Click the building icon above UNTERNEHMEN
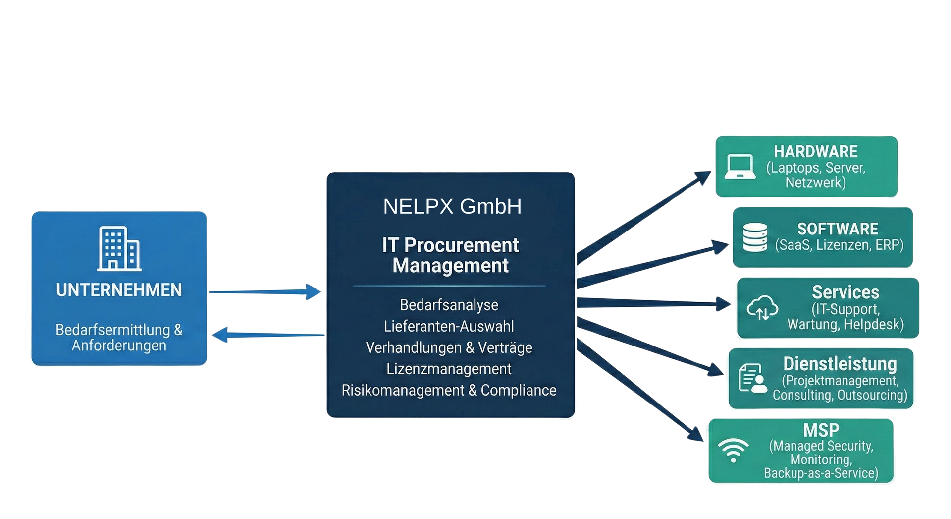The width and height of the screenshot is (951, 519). click(119, 249)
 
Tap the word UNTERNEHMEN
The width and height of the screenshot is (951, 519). click(119, 290)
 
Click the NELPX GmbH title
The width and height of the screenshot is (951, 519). click(452, 206)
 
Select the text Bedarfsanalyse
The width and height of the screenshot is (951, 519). click(449, 305)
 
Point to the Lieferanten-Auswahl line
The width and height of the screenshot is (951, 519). click(449, 326)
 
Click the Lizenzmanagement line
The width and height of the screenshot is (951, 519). click(449, 369)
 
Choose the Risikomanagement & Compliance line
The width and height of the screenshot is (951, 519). click(449, 390)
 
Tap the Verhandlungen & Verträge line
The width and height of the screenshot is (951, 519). click(449, 347)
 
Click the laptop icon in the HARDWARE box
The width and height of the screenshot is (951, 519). click(740, 167)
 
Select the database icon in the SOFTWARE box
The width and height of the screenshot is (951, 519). click(755, 237)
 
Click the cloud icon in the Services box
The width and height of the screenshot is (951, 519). click(762, 308)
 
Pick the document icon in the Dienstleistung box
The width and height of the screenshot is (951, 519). click(752, 378)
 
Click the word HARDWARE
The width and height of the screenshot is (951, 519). click(816, 151)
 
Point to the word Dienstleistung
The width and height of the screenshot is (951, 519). click(840, 364)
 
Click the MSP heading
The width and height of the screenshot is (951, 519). click(821, 430)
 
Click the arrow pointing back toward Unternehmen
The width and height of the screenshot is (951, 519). click(267, 335)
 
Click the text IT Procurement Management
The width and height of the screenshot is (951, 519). click(450, 255)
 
